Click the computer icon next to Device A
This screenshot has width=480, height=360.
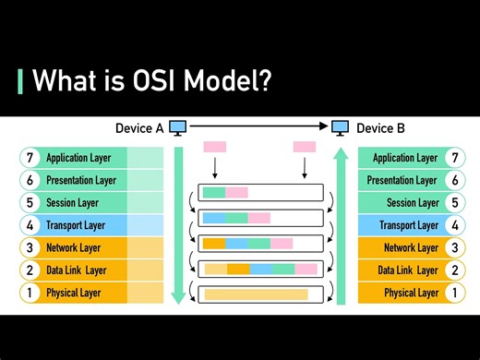click(x=178, y=128)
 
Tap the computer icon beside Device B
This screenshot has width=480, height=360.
click(x=341, y=128)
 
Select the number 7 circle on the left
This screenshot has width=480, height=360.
click(x=30, y=158)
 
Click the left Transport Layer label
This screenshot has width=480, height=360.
click(x=76, y=225)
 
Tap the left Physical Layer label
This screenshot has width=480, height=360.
click(x=74, y=293)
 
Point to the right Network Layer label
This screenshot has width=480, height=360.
click(x=411, y=247)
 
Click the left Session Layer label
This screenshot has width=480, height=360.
click(x=72, y=203)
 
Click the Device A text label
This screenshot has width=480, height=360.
click(x=138, y=128)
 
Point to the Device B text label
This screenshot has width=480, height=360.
click(x=380, y=128)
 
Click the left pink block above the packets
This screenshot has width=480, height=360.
click(x=214, y=147)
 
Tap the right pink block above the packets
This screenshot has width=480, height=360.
click(x=304, y=147)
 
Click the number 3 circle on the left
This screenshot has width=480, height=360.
click(x=30, y=247)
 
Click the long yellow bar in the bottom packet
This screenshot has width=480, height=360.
click(x=256, y=294)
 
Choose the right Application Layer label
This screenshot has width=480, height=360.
click(x=405, y=158)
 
